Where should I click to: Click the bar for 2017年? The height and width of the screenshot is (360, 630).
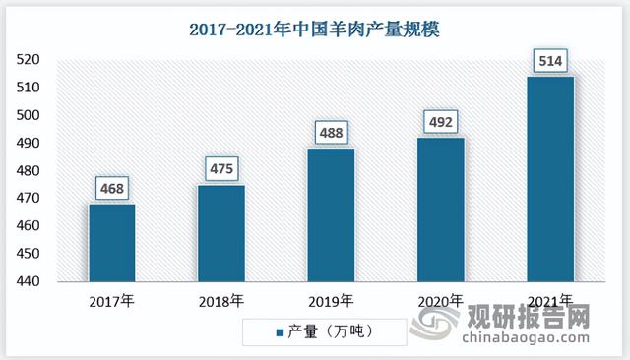[112, 243]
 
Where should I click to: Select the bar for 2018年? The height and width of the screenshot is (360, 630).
[220, 234]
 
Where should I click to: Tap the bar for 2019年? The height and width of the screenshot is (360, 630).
[331, 215]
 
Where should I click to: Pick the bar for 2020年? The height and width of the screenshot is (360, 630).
[440, 210]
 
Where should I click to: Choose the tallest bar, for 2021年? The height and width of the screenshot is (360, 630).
[550, 179]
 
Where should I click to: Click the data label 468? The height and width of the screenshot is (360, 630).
[111, 188]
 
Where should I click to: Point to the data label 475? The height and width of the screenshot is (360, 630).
[220, 168]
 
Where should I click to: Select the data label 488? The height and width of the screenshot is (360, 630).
[331, 132]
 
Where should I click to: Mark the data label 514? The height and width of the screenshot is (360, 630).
[550, 61]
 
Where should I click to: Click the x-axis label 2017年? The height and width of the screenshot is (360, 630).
[111, 300]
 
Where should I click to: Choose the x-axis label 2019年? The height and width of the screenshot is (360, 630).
[331, 300]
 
